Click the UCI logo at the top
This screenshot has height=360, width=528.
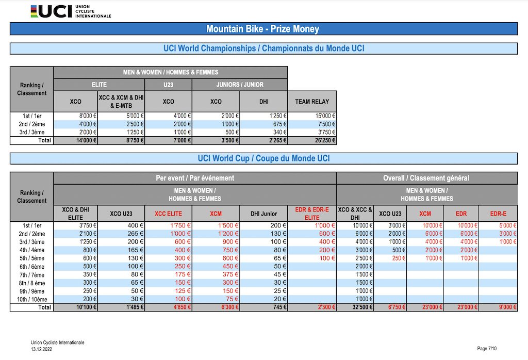pos(71,11)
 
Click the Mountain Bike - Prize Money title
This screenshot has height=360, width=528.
pos(262,29)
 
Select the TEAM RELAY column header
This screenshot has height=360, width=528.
pos(312,102)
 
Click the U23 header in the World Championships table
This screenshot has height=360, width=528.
pos(169,85)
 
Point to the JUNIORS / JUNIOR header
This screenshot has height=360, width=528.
pos(240,85)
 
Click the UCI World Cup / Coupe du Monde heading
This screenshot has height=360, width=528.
pos(263,158)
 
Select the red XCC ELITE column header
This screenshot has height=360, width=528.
pos(168,214)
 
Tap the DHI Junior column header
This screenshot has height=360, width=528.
pos(263,214)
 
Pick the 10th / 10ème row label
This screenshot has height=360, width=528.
pos(32,299)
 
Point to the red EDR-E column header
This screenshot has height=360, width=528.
pos(498,214)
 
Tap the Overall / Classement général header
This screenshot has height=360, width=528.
pos(426,178)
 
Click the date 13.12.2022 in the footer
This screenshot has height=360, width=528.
pos(41,349)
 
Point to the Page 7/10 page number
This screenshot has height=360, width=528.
pos(487,349)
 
